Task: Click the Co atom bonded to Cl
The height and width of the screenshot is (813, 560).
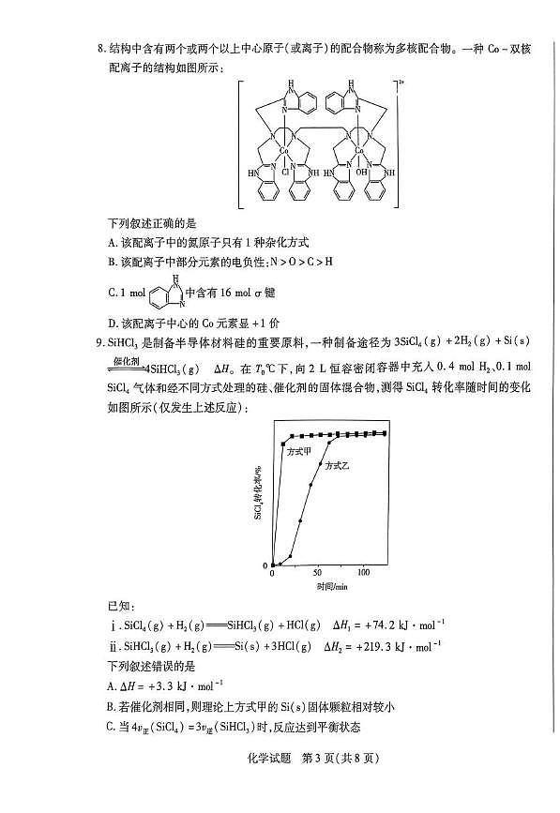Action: pyautogui.click(x=286, y=148)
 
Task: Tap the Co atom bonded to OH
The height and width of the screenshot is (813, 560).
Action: pyautogui.click(x=359, y=148)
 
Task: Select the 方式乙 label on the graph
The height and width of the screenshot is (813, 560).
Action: pyautogui.click(x=339, y=466)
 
